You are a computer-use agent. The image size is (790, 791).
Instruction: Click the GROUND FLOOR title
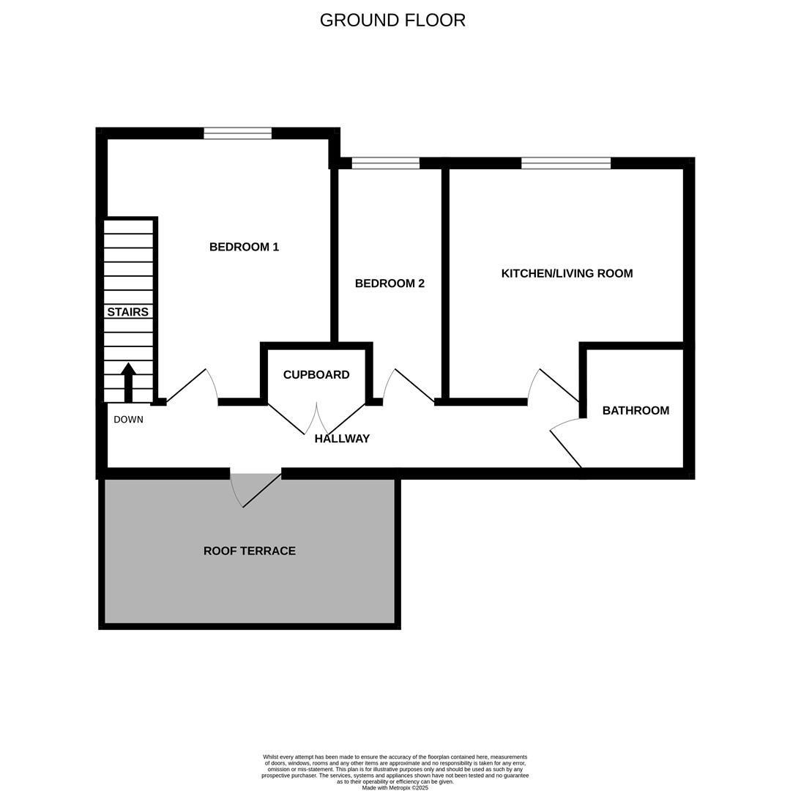392,21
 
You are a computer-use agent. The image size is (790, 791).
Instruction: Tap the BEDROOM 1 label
244,247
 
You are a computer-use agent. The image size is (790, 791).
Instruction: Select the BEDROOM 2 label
390,283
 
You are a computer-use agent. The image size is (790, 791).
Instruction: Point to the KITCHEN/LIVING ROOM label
567,273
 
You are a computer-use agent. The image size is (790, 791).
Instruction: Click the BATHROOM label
636,411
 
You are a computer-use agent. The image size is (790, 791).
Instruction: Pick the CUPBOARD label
316,375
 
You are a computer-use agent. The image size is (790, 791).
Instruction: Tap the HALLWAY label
342,439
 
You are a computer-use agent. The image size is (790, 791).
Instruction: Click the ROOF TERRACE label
250,551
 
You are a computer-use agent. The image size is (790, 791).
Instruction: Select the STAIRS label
128,312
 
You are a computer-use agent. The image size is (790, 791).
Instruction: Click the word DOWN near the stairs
129,420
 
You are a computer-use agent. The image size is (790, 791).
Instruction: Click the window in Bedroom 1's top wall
237,133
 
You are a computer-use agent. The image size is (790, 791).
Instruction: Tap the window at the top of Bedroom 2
385,163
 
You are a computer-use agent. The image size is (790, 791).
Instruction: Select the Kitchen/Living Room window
565,163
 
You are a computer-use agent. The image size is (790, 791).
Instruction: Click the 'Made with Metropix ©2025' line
395,788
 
